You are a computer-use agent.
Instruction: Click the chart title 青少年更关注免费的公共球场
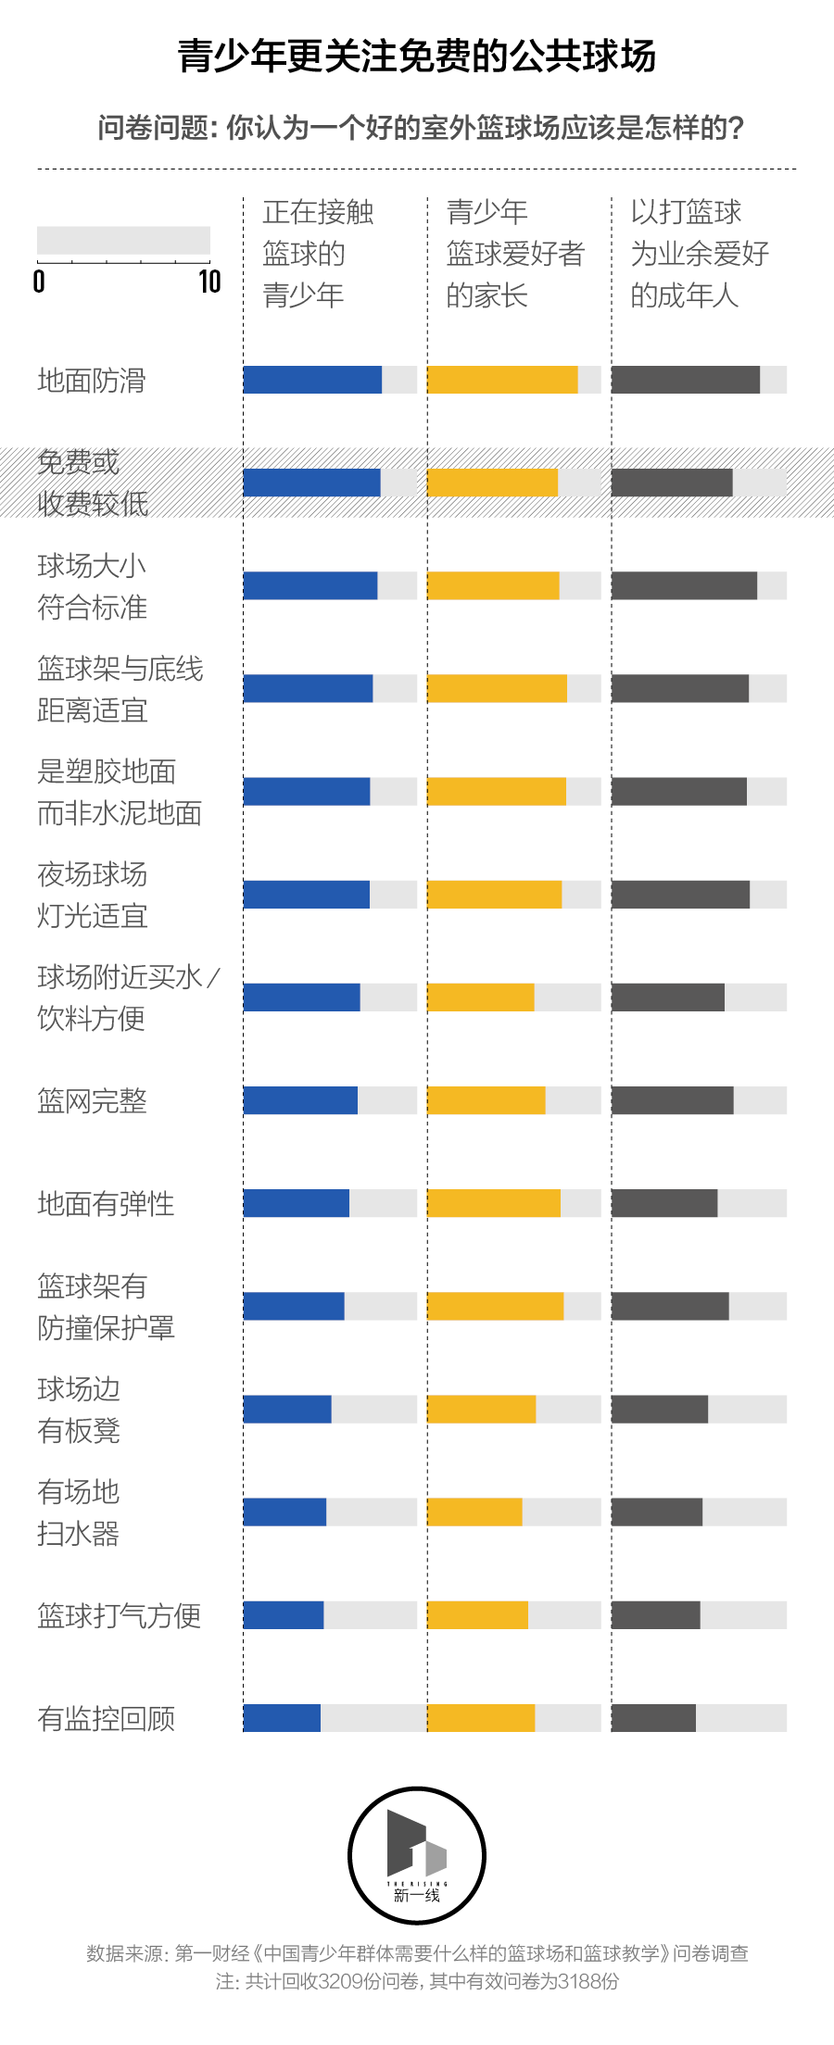[417, 56]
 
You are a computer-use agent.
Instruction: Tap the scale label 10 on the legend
[209, 282]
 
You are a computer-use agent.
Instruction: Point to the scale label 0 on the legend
[39, 282]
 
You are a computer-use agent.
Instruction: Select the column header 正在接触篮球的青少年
[318, 253]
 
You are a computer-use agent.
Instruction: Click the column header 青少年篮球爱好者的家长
[514, 253]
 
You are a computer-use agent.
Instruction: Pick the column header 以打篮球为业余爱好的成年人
[699, 253]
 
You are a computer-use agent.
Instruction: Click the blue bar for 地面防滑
[312, 380]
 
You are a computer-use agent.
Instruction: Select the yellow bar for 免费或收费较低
[492, 483]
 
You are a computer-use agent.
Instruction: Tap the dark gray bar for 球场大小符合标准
[684, 585]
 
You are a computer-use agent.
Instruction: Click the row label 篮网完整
[92, 1100]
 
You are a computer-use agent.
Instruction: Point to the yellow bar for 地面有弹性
[493, 1203]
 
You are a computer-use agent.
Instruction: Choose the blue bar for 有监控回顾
[282, 1718]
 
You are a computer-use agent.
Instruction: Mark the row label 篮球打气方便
[119, 1615]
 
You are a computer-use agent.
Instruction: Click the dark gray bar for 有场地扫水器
[656, 1512]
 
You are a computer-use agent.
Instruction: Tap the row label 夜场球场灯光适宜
[92, 895]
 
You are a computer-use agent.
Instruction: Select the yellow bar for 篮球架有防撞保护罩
[495, 1306]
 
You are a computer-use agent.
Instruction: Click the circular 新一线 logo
[417, 1855]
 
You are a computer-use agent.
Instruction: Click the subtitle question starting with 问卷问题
[421, 128]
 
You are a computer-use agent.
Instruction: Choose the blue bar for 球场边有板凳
[287, 1409]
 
